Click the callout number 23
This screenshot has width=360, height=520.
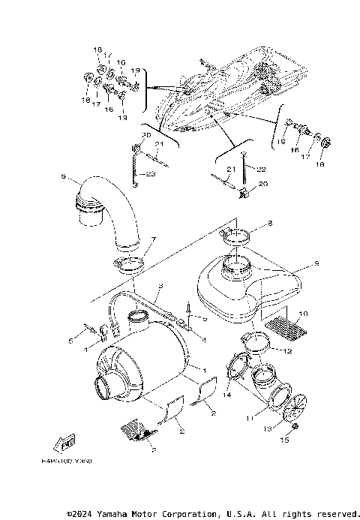[151, 174]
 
